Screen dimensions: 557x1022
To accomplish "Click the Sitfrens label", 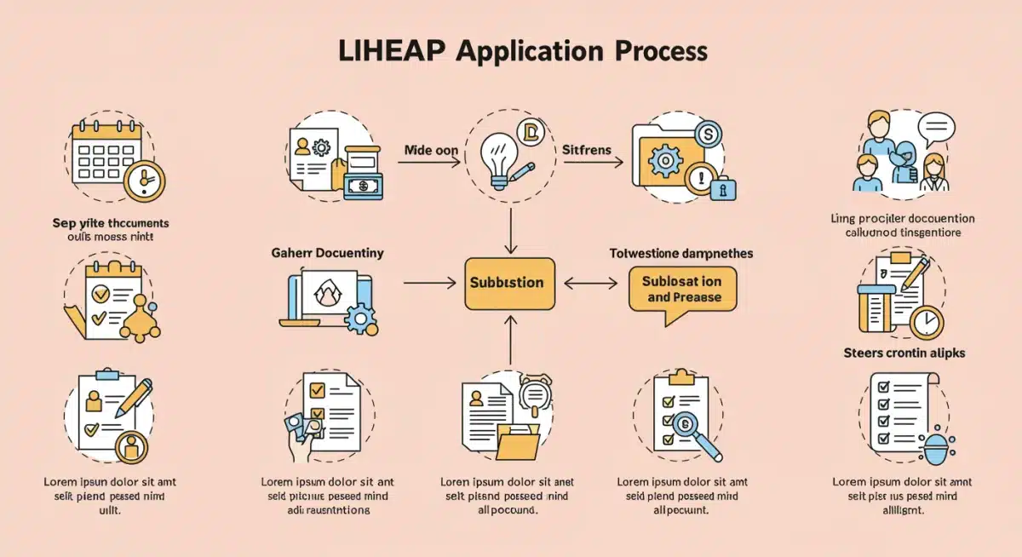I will tap(587, 150).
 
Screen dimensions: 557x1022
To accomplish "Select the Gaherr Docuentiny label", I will tap(327, 253).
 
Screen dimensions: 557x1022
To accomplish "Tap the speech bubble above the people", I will tap(934, 129).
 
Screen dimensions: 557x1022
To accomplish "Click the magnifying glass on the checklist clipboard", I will tap(684, 423).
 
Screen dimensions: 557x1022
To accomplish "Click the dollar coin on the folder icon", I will tap(708, 134).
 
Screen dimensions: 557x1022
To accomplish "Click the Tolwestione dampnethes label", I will tap(680, 254).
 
